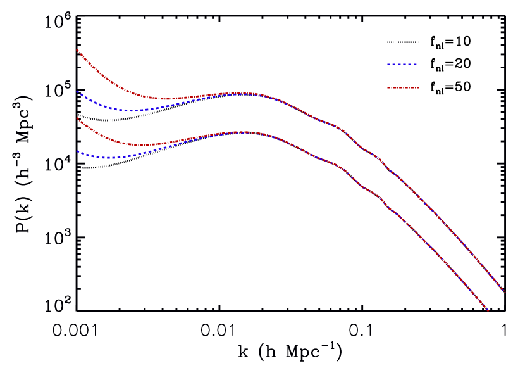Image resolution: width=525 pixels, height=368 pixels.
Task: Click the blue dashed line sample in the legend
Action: pos(403,64)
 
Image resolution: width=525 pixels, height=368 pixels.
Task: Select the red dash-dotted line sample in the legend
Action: pos(403,87)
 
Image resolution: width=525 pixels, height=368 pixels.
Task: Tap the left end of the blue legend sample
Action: pos(388,64)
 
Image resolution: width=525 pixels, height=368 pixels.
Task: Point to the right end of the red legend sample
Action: pos(419,87)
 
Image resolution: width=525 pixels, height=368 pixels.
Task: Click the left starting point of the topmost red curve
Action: pos(77,49)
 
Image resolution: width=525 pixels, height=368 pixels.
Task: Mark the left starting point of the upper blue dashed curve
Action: pos(77,91)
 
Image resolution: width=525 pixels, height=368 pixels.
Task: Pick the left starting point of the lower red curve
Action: pos(77,118)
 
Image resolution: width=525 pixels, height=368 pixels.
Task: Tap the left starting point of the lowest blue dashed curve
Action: pos(77,151)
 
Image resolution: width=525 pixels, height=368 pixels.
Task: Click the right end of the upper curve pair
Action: pos(505,293)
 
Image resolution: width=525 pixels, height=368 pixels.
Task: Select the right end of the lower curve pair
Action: pos(488,310)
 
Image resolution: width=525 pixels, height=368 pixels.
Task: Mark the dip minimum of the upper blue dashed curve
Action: pos(131,110)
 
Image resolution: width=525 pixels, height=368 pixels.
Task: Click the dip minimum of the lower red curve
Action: pos(140,145)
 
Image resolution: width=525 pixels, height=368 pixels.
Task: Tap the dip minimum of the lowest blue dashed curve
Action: pos(110,157)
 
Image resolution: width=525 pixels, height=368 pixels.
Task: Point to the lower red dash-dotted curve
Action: pos(101,136)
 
